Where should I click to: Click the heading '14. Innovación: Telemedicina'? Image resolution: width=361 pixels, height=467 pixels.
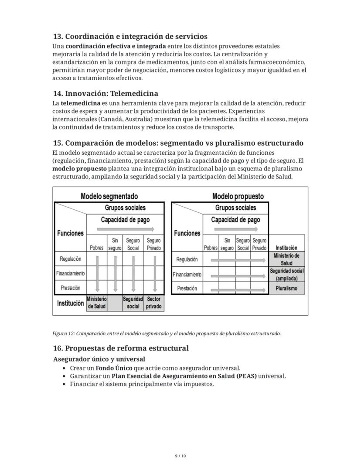click(x=105, y=94)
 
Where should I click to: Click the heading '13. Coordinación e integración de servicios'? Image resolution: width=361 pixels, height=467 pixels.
click(x=130, y=36)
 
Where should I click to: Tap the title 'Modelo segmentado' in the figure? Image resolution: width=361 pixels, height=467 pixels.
click(x=109, y=196)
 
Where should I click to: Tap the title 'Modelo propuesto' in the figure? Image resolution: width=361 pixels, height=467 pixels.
click(x=238, y=196)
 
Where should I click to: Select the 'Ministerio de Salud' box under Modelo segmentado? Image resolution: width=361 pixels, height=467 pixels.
click(x=96, y=303)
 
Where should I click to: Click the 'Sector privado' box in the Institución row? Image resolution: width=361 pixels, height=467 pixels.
click(x=153, y=303)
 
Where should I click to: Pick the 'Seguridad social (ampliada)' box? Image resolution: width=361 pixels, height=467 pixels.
click(x=286, y=274)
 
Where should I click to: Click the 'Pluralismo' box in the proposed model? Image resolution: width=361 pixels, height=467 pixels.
click(x=286, y=288)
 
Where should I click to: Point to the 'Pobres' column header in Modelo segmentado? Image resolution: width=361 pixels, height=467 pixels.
click(x=96, y=248)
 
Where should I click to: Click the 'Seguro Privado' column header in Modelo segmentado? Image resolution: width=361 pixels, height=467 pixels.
click(x=153, y=244)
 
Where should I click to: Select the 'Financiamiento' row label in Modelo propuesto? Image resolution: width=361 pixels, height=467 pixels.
click(x=187, y=275)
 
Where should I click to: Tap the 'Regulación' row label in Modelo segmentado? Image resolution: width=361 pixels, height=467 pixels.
click(x=70, y=259)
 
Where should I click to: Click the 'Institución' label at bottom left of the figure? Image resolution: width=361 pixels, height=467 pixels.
click(x=70, y=303)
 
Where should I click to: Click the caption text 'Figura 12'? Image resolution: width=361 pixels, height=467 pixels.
click(x=64, y=334)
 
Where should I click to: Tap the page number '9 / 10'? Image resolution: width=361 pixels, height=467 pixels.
click(x=180, y=456)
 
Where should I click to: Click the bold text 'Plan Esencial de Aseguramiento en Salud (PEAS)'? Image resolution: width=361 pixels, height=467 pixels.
click(x=184, y=376)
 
